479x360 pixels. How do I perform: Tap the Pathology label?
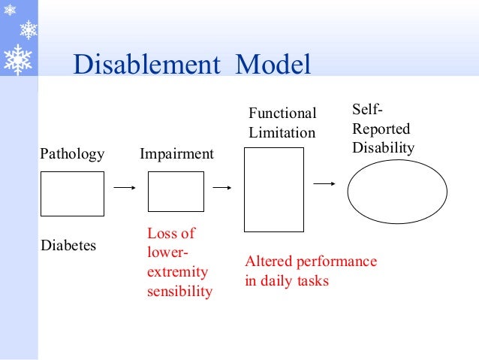pos(72,154)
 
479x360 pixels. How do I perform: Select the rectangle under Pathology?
pos(72,194)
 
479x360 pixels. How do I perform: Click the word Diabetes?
pos(68,245)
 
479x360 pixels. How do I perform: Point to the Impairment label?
pos(176,154)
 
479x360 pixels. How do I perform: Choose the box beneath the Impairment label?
pos(176,192)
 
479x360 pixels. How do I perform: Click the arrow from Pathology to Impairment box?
pos(124,187)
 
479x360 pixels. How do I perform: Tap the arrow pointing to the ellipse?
pos(324,183)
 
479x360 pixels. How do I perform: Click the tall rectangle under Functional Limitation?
pos(274,189)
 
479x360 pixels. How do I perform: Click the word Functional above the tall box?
pos(282,113)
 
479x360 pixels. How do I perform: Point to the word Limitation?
pos(282,133)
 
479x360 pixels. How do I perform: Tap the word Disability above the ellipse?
pos(383,148)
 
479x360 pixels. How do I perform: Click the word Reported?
pos(381,129)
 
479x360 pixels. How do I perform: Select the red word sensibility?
pos(179,291)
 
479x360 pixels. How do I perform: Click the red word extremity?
pos(177,272)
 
